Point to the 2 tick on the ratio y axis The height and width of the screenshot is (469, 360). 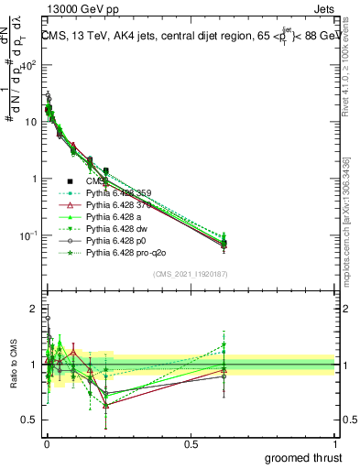(x=32, y=307)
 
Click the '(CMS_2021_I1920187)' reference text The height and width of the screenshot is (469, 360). (x=191, y=273)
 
